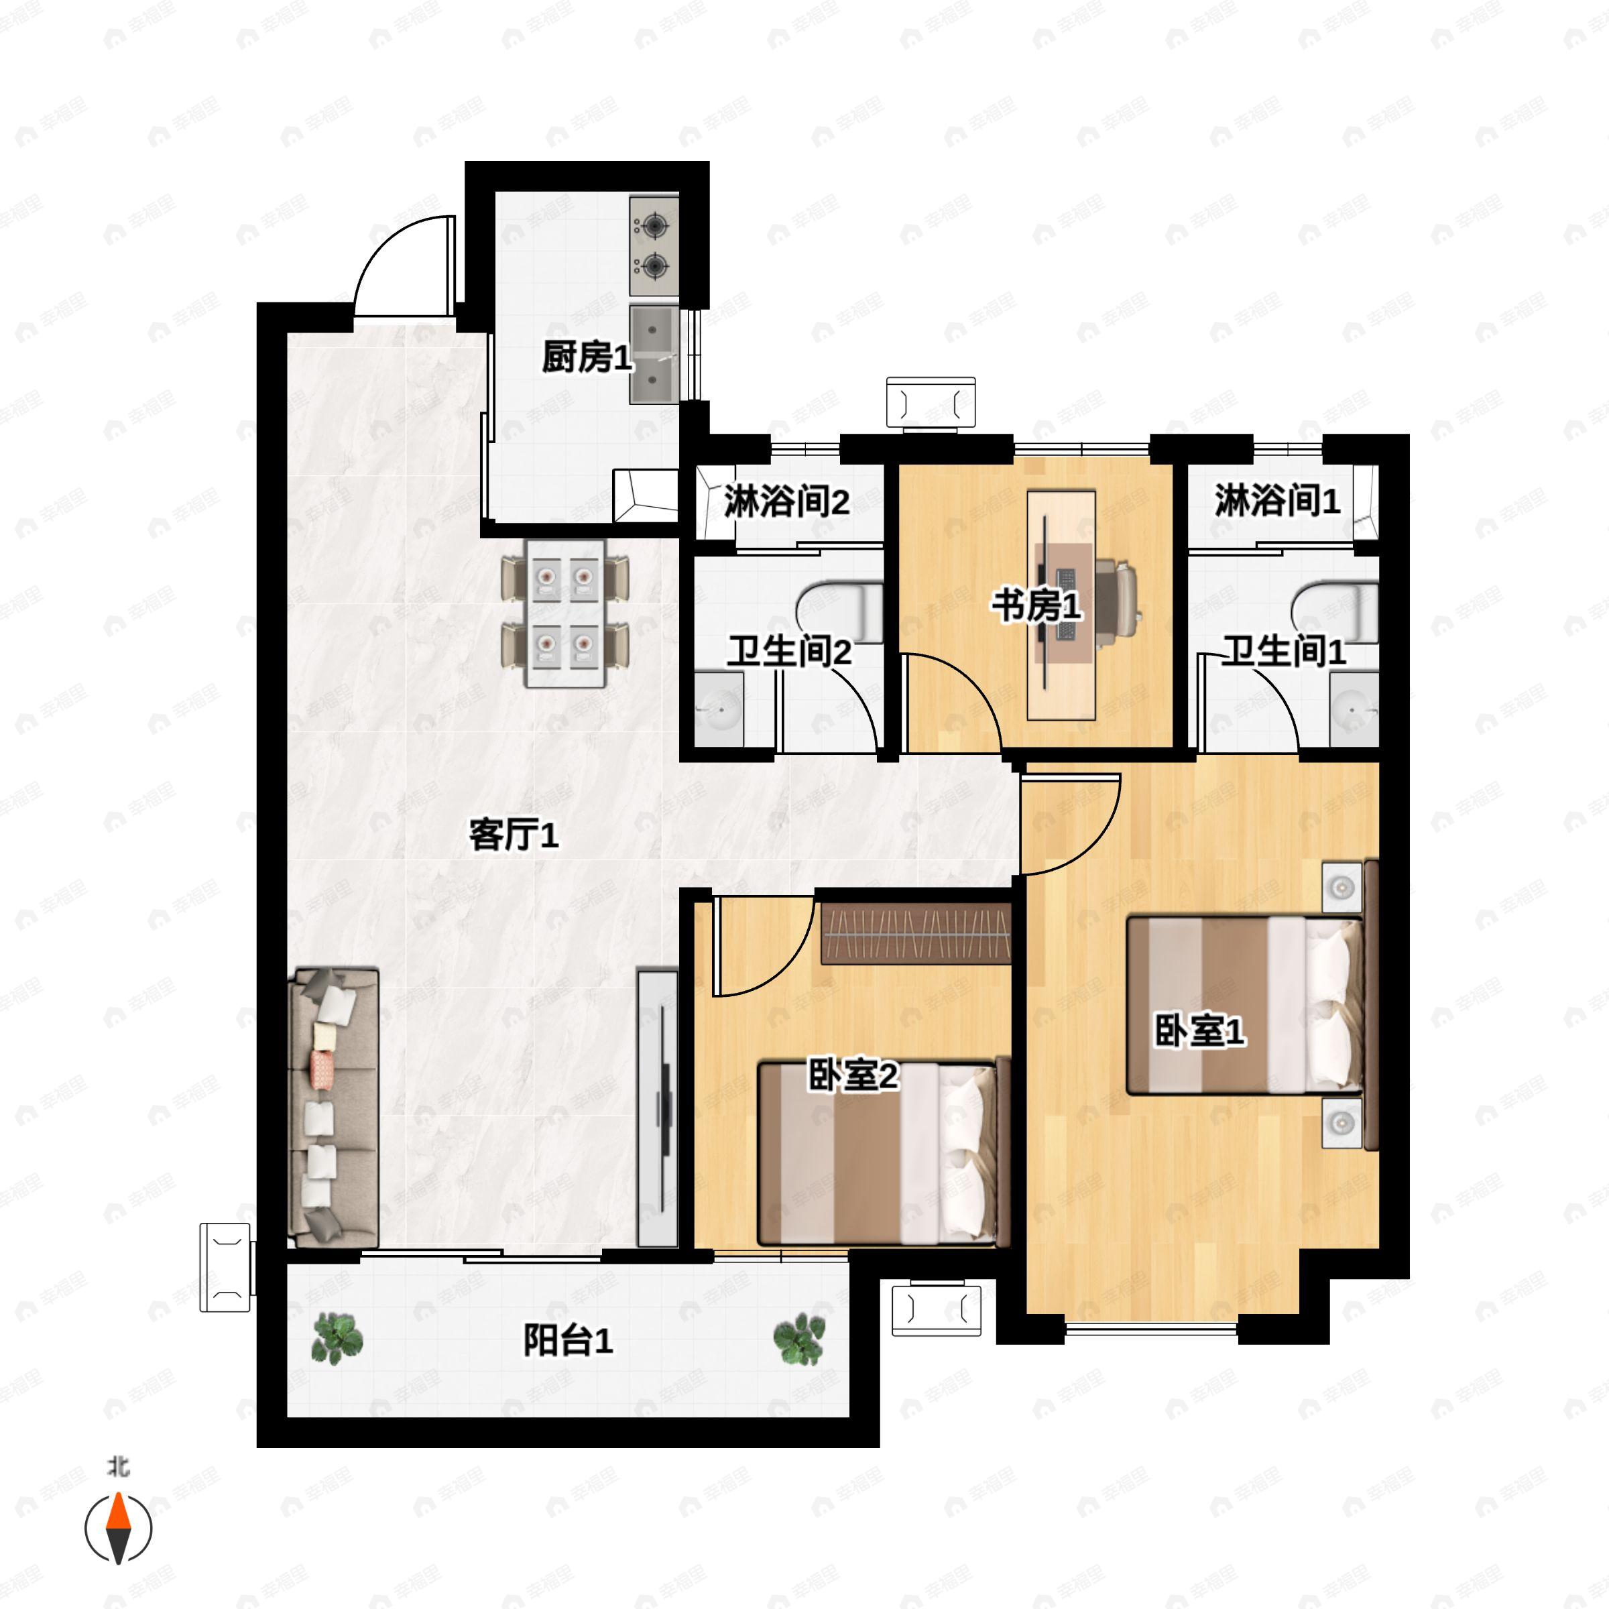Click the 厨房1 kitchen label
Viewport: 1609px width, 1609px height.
point(587,357)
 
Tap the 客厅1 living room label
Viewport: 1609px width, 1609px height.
point(513,835)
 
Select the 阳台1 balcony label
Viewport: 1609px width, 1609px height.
point(568,1340)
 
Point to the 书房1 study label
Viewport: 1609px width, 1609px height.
point(1036,605)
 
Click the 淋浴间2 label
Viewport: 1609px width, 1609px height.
point(786,502)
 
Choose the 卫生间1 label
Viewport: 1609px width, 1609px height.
point(1283,650)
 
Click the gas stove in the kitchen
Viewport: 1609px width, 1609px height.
point(654,245)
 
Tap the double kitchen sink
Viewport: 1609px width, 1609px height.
point(654,354)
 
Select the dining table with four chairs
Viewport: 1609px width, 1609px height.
point(565,613)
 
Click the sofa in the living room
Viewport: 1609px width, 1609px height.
point(333,1107)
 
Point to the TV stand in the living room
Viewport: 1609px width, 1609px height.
point(657,1107)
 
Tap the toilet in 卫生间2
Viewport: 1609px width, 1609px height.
point(839,612)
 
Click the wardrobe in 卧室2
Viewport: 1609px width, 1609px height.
point(916,934)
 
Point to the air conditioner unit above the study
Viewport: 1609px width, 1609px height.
point(931,403)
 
